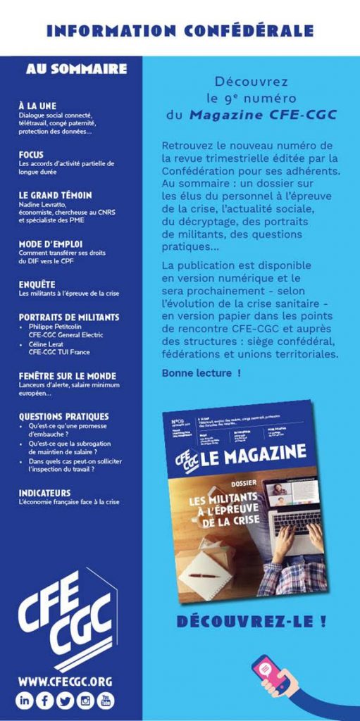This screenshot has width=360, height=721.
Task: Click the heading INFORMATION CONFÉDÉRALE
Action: pos(180,31)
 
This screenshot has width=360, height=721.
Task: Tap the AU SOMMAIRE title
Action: pos(76,69)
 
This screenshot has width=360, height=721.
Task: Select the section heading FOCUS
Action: pos(31,155)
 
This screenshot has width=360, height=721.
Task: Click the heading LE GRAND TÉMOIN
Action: pos(55,195)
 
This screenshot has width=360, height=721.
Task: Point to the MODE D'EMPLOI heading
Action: pos(51,244)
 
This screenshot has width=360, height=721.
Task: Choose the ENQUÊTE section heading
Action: pos(37,284)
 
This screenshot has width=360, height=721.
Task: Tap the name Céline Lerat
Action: pos(48,344)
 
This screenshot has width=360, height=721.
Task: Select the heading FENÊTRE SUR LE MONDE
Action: pos(68,376)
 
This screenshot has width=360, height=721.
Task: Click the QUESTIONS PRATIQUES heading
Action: pos(63,416)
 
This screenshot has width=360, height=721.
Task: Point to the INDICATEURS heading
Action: pos(44,493)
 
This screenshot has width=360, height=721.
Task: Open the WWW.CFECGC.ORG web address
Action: pos(66,681)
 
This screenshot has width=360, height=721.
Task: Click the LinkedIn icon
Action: pos(25,701)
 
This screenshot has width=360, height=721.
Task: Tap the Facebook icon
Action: pos(46,701)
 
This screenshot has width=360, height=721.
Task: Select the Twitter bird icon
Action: pos(66,701)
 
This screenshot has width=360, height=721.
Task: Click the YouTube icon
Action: pos(106,701)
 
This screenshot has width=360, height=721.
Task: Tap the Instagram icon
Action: pos(86,701)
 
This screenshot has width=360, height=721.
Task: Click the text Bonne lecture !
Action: pos(201,372)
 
